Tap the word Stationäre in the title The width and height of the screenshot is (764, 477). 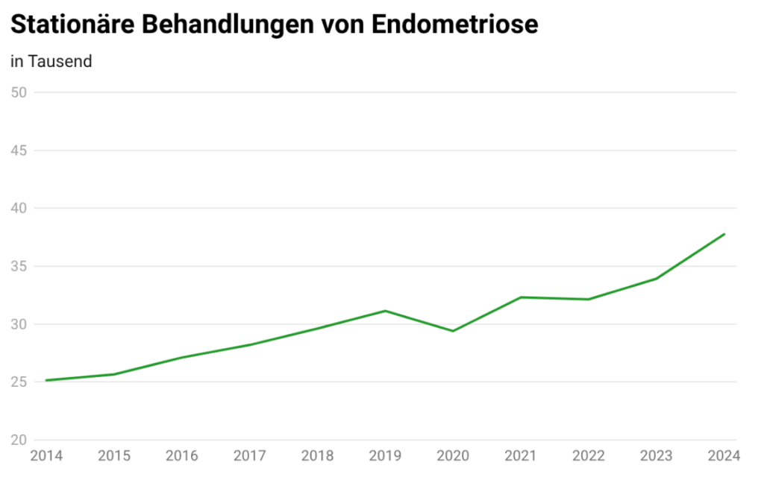coord(72,24)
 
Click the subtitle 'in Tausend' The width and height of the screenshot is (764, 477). coord(51,62)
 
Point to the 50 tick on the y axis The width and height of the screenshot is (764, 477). coord(19,92)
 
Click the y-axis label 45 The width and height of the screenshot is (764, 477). coord(19,151)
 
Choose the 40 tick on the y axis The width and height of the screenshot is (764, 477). coord(19,209)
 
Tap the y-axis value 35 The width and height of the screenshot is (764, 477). coord(19,266)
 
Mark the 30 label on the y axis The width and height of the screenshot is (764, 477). coord(19,324)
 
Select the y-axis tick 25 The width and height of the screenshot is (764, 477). coord(19,382)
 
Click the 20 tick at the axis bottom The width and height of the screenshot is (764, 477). coord(19,440)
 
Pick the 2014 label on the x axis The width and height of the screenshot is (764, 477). coord(46,455)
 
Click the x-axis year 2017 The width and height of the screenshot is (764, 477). coord(249,455)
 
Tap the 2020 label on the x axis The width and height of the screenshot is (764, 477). coord(453,455)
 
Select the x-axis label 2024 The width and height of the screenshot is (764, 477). coord(722,455)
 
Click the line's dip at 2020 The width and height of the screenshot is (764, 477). coord(453,331)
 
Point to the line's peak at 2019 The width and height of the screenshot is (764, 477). coord(385,311)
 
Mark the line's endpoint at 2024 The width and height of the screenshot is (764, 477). coord(724,234)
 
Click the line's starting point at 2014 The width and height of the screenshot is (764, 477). coord(46,380)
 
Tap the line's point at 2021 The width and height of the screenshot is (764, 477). coord(521,297)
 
